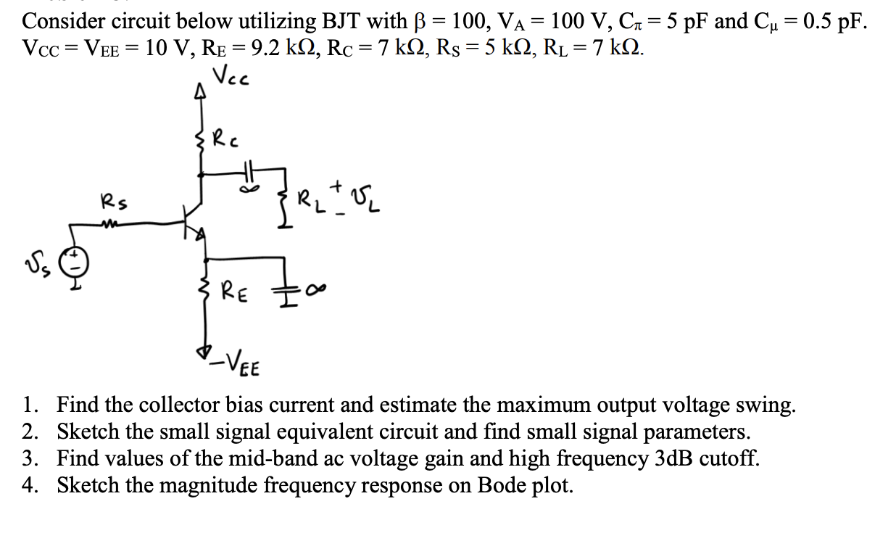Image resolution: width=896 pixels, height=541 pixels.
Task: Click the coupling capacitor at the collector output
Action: tap(249, 173)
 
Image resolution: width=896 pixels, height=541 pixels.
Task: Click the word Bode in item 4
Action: tap(499, 485)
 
